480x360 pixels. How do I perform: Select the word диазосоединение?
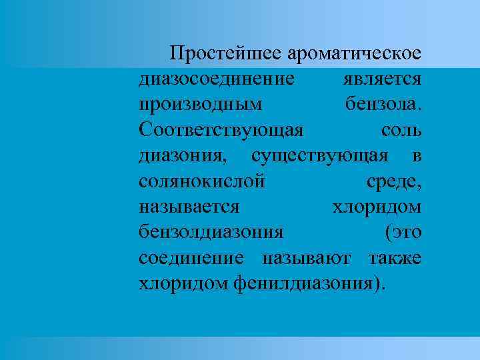tap(217, 79)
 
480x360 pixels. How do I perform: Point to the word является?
tap(383, 79)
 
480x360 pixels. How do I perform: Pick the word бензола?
tap(383, 105)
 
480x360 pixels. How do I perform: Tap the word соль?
tap(401, 130)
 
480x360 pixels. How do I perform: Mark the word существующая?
tap(320, 155)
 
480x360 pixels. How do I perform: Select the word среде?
tap(393, 181)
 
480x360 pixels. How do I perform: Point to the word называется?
tap(189, 207)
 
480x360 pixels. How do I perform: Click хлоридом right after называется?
tap(377, 207)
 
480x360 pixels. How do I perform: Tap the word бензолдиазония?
tap(211, 232)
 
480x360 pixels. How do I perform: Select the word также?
tap(395, 257)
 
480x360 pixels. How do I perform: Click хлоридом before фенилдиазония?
tap(183, 283)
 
